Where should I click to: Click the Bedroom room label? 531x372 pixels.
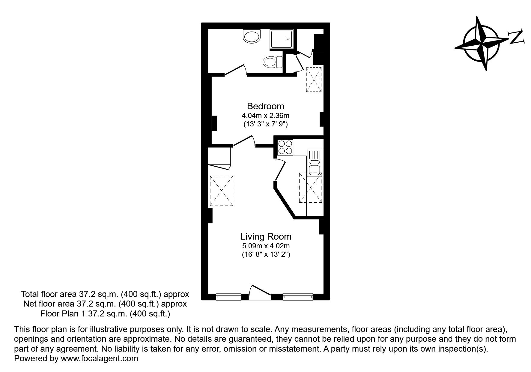pyautogui.click(x=265, y=106)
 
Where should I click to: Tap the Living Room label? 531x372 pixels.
pyautogui.click(x=266, y=237)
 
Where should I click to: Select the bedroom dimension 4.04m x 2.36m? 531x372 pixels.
pyautogui.click(x=265, y=115)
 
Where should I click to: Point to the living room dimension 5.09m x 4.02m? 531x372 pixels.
pyautogui.click(x=266, y=246)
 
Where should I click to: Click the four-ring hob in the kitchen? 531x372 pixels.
pyautogui.click(x=285, y=147)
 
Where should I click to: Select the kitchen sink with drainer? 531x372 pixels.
pyautogui.click(x=314, y=162)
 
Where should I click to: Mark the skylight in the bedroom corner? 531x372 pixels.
pyautogui.click(x=314, y=79)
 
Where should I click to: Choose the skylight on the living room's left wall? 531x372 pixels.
pyautogui.click(x=222, y=191)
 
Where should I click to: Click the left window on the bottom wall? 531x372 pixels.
pyautogui.click(x=228, y=297)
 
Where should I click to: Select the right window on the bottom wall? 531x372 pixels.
pyautogui.click(x=298, y=297)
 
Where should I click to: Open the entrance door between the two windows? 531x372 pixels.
pyautogui.click(x=260, y=292)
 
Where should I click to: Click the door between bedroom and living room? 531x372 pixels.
pyautogui.click(x=244, y=141)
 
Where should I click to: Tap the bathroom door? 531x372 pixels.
pyautogui.click(x=236, y=70)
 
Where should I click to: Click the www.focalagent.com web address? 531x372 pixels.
pyautogui.click(x=100, y=358)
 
